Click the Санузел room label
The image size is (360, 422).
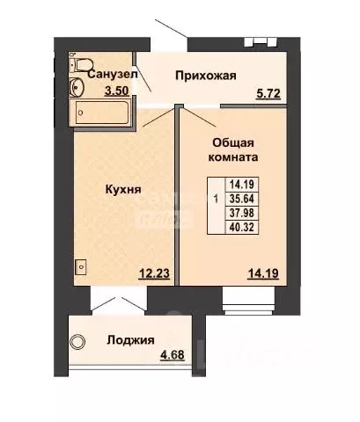tap(113, 75)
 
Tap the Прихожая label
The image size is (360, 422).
tap(206, 76)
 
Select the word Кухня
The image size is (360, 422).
tap(123, 189)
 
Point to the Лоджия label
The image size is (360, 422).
tap(130, 340)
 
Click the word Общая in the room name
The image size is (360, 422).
tap(233, 143)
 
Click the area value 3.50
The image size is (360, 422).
tap(117, 91)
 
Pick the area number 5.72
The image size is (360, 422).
tap(268, 94)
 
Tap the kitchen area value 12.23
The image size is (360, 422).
tap(154, 273)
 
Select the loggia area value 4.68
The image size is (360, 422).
tap(173, 355)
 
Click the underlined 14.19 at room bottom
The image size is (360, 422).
tap(263, 273)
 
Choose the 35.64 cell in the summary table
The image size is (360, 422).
tap(242, 199)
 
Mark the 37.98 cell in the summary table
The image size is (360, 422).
tap(242, 213)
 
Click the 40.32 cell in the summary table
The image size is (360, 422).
tap(242, 227)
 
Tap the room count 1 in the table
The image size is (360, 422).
tap(217, 200)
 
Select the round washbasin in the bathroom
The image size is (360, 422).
tap(77, 87)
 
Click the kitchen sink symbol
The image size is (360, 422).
tap(81, 266)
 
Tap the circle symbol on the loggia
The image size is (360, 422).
tap(77, 342)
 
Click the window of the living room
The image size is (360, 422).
tap(249, 301)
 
